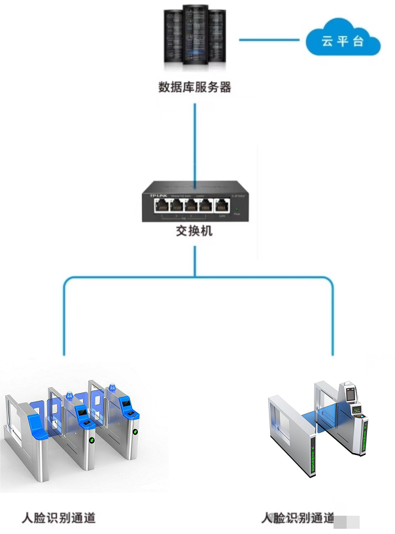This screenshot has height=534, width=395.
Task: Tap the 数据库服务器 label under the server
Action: coord(195,87)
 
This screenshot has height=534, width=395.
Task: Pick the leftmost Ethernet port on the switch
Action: coord(160,205)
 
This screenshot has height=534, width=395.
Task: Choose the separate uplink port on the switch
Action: coord(222,205)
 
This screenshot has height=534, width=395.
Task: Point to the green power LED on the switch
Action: coord(237,210)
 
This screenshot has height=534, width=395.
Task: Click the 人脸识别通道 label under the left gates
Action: coord(59,518)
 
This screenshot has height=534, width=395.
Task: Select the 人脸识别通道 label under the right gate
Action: coord(298,518)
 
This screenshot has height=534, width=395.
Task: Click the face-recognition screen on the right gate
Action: coord(352,394)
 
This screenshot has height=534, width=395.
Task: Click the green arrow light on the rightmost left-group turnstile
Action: coord(135,432)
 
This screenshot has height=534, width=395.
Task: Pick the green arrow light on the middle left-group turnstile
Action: coord(92,439)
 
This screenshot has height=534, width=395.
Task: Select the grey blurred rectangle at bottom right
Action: coord(346,520)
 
